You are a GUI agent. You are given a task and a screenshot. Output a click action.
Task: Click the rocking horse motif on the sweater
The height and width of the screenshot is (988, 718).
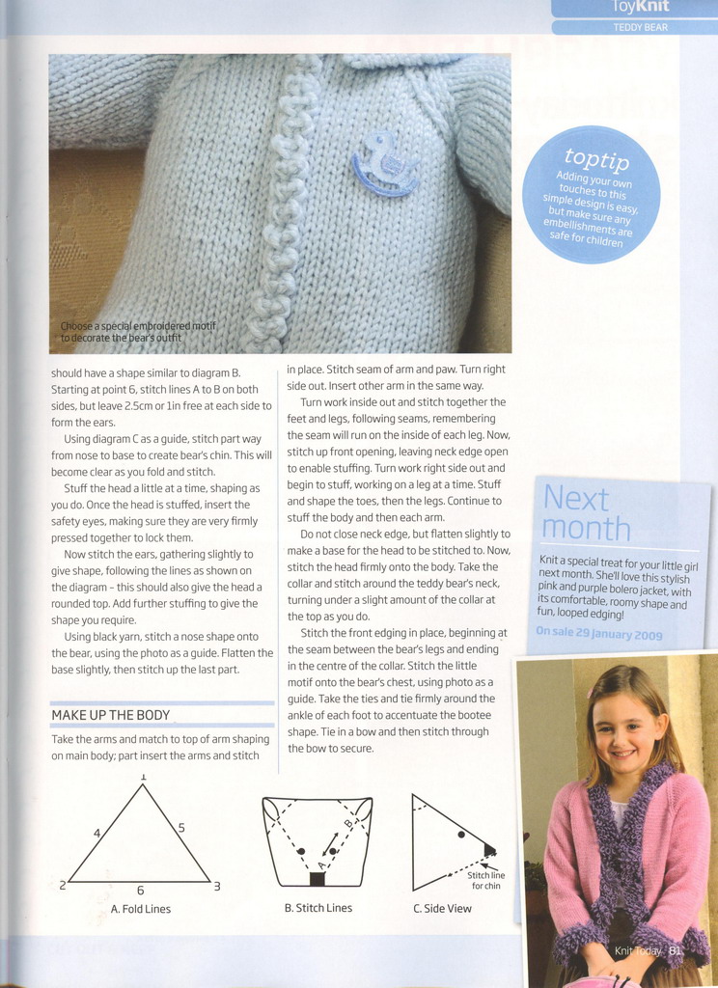385,163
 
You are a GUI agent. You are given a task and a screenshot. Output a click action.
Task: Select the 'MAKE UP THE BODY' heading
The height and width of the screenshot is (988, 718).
110,715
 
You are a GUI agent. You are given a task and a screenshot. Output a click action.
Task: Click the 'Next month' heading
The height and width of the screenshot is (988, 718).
587,513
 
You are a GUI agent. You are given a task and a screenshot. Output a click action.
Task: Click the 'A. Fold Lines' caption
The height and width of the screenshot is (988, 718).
141,909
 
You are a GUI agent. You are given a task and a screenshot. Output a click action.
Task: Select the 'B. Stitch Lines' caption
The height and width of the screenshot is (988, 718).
318,908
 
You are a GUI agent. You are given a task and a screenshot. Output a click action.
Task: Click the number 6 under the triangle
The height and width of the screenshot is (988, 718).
140,891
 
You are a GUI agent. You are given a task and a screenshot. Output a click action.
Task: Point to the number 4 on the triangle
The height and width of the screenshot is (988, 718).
97,833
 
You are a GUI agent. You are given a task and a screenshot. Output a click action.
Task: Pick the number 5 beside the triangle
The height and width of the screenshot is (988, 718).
181,828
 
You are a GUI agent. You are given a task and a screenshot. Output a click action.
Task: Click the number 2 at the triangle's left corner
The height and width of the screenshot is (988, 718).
62,885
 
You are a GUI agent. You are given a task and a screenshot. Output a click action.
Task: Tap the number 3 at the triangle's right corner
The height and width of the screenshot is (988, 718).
217,886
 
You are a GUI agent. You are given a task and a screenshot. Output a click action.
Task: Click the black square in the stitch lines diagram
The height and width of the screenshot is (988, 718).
318,879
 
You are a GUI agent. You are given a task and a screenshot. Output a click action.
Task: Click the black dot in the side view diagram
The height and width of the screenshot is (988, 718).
461,834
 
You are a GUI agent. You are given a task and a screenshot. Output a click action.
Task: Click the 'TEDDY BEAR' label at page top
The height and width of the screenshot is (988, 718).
640,27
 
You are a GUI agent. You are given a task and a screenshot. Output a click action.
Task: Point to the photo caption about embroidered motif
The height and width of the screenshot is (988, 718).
137,332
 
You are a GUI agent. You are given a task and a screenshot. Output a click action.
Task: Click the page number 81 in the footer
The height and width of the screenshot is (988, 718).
675,951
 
